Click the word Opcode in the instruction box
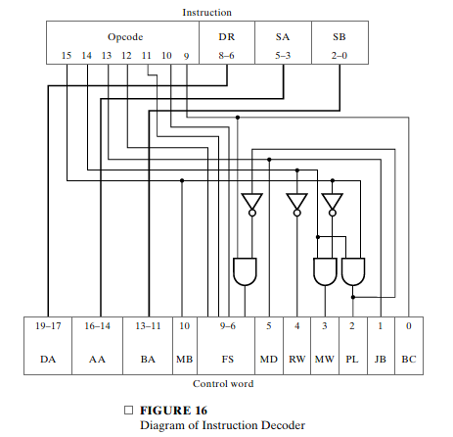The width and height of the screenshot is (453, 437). coord(125,36)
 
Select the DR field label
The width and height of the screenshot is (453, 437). coord(226,36)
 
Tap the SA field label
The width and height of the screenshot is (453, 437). coord(283,36)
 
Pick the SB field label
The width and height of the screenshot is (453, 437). coord(339,36)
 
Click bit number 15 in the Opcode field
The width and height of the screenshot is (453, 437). coord(67,56)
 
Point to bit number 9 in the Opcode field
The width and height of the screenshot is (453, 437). coord(185,56)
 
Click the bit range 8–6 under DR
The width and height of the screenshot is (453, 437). coord(226,56)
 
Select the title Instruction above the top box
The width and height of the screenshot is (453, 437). coord(206,12)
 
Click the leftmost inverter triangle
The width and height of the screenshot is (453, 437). coord(252,202)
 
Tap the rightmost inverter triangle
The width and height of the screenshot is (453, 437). coord(333,202)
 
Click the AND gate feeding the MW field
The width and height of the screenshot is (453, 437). coord(324,270)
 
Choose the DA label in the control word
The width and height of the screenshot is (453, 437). coord(48,360)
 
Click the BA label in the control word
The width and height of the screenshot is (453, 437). coord(148,360)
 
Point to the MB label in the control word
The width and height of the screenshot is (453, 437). coord(185,360)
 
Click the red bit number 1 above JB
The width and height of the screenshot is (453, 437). coord(380,323)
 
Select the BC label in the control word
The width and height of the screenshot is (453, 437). coord(408,360)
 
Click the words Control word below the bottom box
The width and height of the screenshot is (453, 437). coord(225,383)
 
